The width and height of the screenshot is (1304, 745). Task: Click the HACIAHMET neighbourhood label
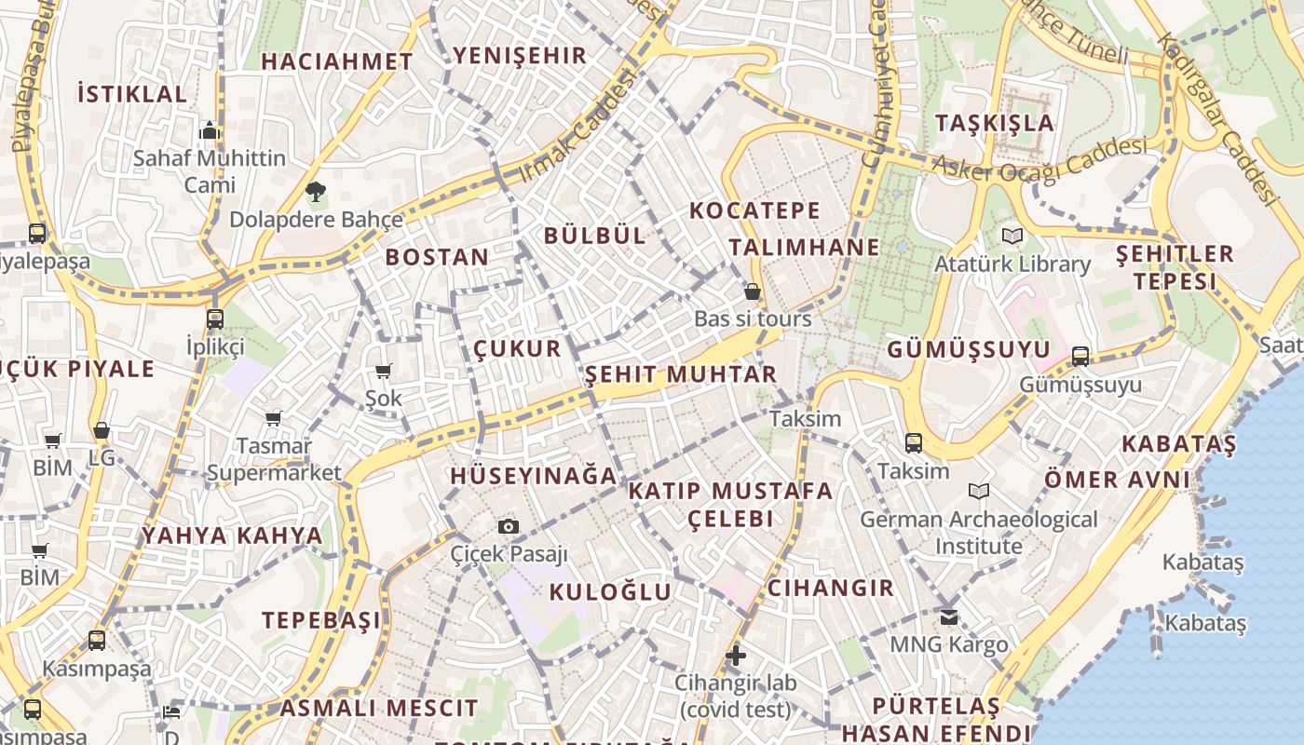337,61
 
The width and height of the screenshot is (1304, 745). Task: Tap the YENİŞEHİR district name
519,55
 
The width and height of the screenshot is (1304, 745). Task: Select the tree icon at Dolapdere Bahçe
316,193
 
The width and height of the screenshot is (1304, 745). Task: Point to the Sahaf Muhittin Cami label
210,170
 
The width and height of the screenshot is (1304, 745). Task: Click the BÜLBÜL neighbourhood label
595,235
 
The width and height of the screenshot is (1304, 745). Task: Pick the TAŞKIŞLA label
995,123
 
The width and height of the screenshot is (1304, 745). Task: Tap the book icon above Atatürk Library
1012,237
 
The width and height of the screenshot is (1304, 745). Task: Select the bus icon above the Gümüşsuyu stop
1080,356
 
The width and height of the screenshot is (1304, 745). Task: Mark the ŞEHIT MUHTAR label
681,374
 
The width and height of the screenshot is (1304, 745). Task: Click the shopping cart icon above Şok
383,372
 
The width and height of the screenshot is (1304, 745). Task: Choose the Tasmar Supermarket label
274,459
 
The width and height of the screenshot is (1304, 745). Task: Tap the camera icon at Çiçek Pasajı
508,527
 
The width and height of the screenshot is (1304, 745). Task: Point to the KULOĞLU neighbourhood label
610,591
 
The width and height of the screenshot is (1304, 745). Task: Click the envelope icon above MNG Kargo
949,616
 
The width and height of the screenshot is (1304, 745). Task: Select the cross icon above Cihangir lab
736,656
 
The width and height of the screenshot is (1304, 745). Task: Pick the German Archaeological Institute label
979,532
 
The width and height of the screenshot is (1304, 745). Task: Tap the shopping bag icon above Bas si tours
753,292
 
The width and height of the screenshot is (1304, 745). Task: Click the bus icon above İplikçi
215,319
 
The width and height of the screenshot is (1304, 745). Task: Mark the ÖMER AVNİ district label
1117,480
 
